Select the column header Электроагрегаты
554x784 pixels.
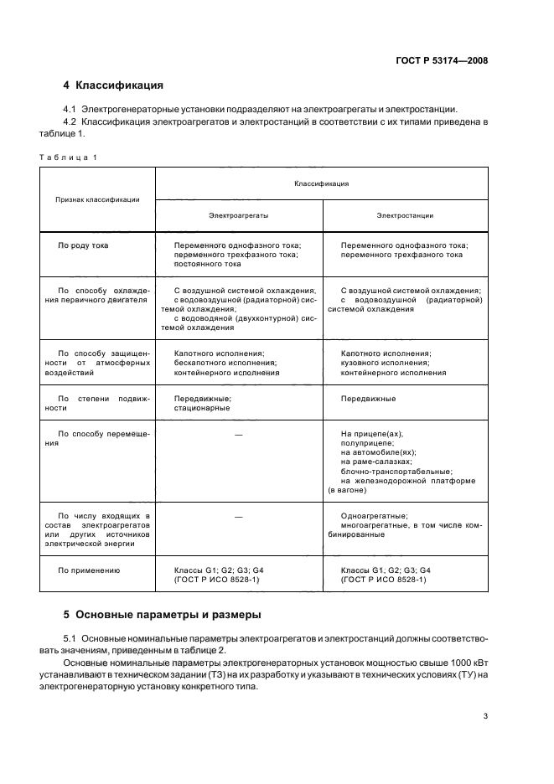pos(239,215)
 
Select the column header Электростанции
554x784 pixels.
pos(405,215)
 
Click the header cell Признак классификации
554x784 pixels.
pos(97,199)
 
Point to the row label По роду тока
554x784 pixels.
pos(83,245)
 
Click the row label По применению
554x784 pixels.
pos(88,570)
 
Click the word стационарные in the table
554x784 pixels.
pos(202,408)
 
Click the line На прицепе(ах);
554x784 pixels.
pos(372,434)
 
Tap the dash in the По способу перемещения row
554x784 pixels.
pos(239,434)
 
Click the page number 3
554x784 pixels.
pos(485,715)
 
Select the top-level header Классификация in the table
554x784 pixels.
pos(321,183)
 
